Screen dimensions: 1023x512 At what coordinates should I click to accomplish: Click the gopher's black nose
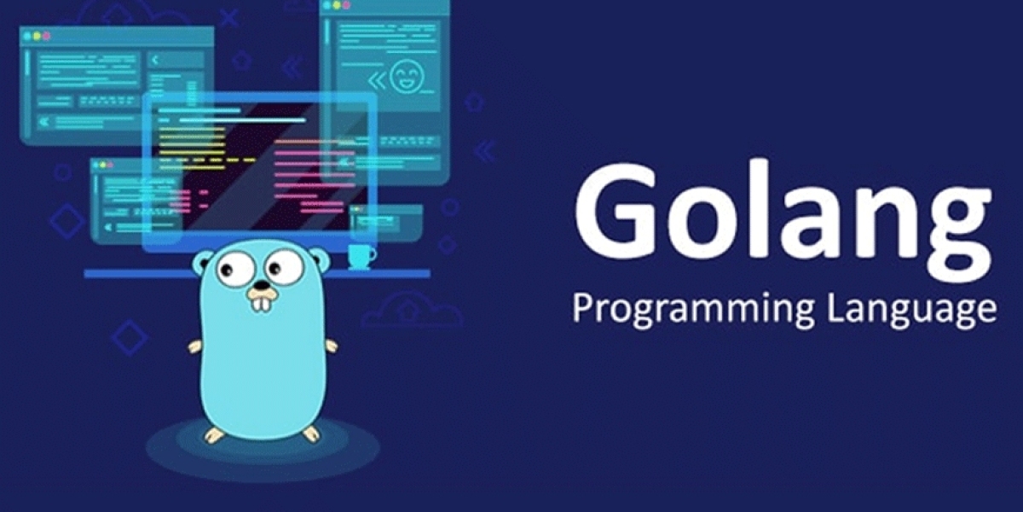click(x=261, y=286)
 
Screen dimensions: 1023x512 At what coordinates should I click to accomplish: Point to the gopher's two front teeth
click(x=261, y=304)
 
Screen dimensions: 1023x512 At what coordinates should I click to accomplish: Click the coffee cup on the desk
click(x=361, y=257)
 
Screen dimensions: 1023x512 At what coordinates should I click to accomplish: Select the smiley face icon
click(x=407, y=76)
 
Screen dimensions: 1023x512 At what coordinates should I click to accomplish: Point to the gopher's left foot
click(x=214, y=434)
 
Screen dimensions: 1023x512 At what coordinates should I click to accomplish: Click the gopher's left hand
click(x=195, y=346)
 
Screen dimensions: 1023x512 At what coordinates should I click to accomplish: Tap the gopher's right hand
click(x=331, y=346)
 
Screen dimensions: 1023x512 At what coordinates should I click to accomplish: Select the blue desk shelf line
click(x=257, y=274)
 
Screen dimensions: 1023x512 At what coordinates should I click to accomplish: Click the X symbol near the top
click(x=229, y=18)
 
